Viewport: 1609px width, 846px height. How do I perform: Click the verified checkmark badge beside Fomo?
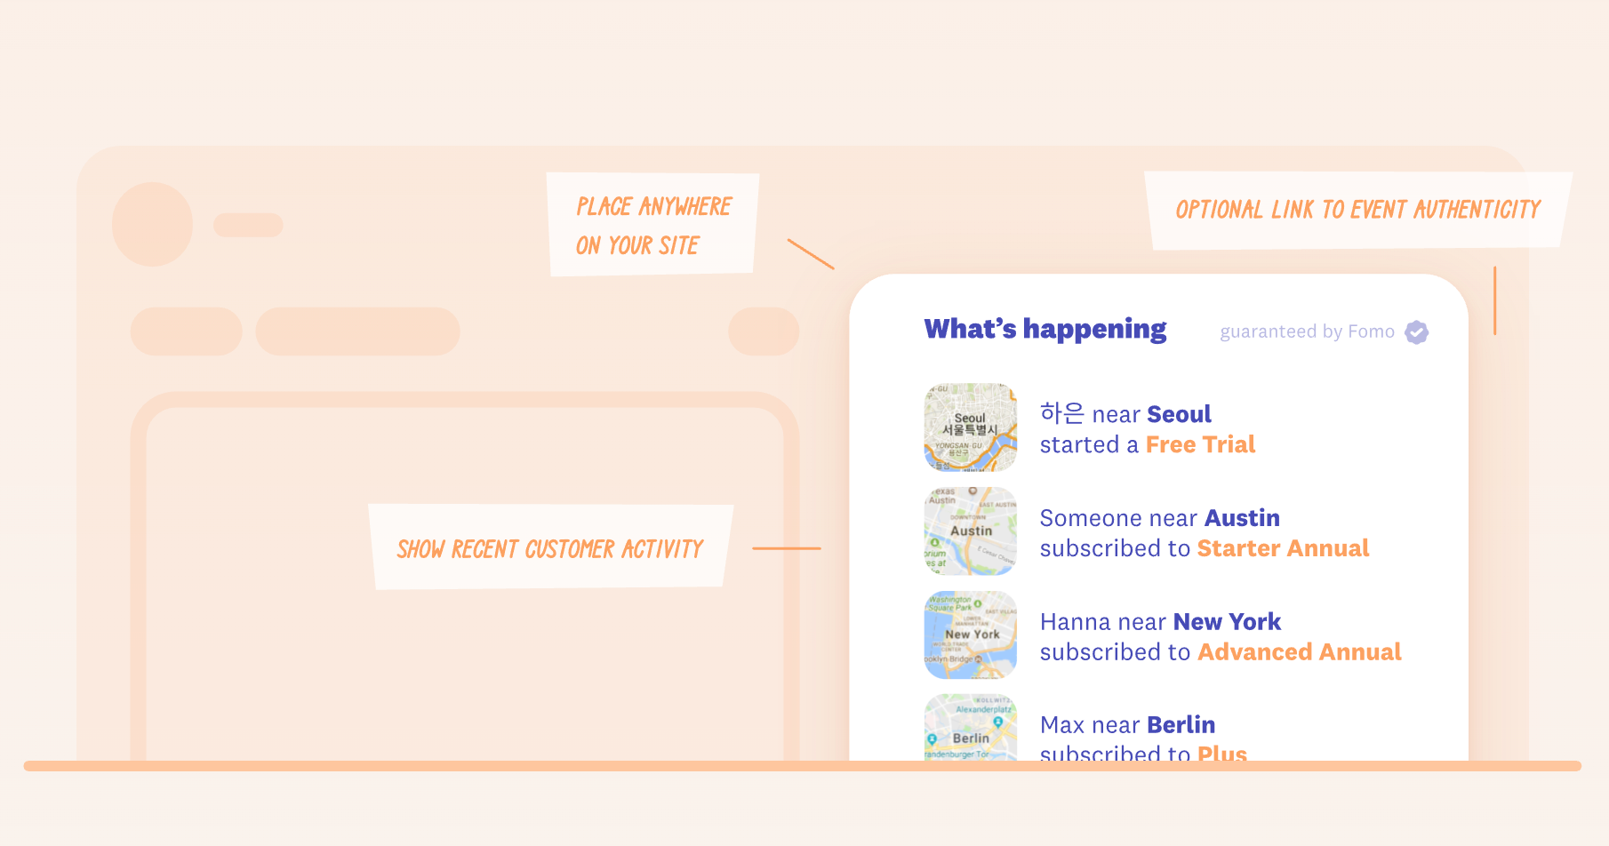1417,332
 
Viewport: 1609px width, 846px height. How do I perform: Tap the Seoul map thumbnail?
970,427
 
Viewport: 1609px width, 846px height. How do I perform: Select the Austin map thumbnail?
970,531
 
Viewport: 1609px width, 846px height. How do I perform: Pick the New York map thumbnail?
970,634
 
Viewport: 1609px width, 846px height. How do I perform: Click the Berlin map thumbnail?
970,729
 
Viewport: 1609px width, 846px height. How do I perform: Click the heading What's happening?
1045,329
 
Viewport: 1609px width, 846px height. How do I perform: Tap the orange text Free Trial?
1200,444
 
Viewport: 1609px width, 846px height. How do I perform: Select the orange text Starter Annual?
1283,548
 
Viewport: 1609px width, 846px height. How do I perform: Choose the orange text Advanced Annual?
1299,652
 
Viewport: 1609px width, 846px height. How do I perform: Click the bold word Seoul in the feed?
1179,414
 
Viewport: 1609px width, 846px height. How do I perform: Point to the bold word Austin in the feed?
1242,518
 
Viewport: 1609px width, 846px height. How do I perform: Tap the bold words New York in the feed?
1227,622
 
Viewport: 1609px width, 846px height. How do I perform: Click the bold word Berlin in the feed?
1181,725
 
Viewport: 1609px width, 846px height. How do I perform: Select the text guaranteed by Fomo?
1307,332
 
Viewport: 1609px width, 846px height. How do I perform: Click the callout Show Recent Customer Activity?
550,548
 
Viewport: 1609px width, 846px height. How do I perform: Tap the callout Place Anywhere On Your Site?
652,225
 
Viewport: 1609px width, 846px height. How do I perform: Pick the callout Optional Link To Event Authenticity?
1357,210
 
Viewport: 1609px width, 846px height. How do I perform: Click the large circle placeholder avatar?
153,224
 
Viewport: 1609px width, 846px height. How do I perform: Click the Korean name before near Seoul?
1062,413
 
